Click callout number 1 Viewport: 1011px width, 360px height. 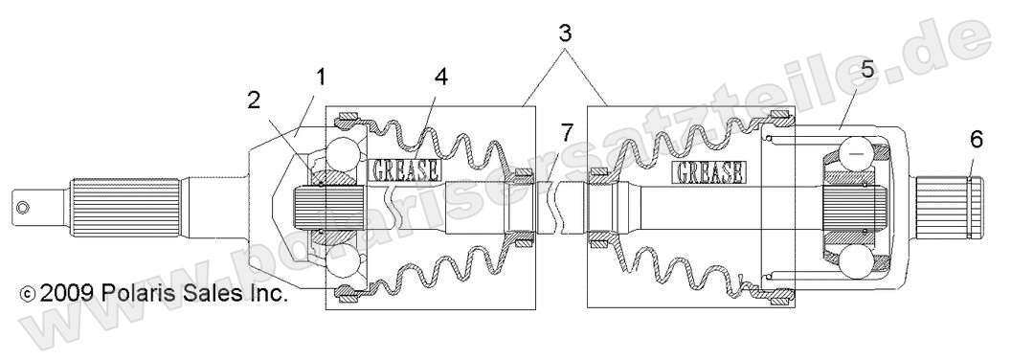tap(322, 75)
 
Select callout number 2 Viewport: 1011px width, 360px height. tap(253, 100)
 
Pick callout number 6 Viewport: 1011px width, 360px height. tap(976, 140)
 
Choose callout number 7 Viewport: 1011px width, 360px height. tap(569, 132)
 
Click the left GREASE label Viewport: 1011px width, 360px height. tap(405, 170)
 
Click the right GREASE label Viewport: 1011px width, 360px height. tap(709, 172)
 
